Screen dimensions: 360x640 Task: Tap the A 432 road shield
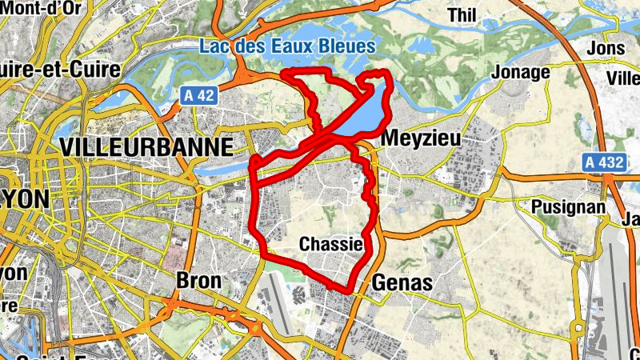tap(602, 162)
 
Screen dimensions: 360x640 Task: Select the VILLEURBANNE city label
tap(146, 146)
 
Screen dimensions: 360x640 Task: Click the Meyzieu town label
tap(422, 138)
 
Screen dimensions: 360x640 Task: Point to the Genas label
tap(402, 282)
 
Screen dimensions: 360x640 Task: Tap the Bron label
tap(192, 281)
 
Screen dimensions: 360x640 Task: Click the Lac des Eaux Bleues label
tap(286, 46)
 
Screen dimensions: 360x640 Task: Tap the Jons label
tap(606, 48)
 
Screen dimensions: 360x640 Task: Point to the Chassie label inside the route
tap(331, 243)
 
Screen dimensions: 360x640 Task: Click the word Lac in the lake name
tap(214, 46)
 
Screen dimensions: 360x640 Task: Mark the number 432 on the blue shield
tap(610, 162)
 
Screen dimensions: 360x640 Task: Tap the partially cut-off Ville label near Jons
tap(623, 78)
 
